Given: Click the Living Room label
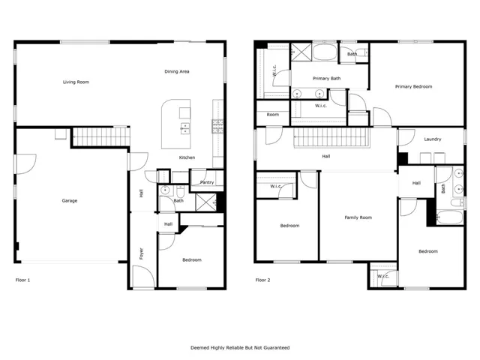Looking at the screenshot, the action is (x=76, y=82).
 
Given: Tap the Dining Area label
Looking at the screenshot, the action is (x=177, y=72).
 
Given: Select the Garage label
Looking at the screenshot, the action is (x=70, y=201).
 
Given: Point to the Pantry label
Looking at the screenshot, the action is (x=207, y=182).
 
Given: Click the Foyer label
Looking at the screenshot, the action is (x=142, y=253).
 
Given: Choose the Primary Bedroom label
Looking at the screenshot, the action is (x=413, y=87).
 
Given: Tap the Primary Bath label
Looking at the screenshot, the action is (x=327, y=78).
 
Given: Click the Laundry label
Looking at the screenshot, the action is (x=433, y=139).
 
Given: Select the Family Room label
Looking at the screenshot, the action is (x=358, y=217).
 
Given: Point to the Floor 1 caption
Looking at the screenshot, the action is (x=22, y=280).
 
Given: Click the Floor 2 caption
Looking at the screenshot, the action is (x=262, y=280).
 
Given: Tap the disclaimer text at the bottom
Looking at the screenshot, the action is (x=240, y=348).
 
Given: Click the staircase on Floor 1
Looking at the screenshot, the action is (x=101, y=136).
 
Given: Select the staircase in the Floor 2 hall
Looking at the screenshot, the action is (x=331, y=137).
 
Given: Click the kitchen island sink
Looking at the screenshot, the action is (x=184, y=128).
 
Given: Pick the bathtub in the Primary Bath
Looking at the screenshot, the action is (x=325, y=52).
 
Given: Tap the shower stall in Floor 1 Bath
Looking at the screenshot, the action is (x=206, y=202).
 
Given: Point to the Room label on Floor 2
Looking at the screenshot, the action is (x=273, y=115).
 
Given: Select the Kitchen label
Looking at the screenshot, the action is (x=187, y=157).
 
